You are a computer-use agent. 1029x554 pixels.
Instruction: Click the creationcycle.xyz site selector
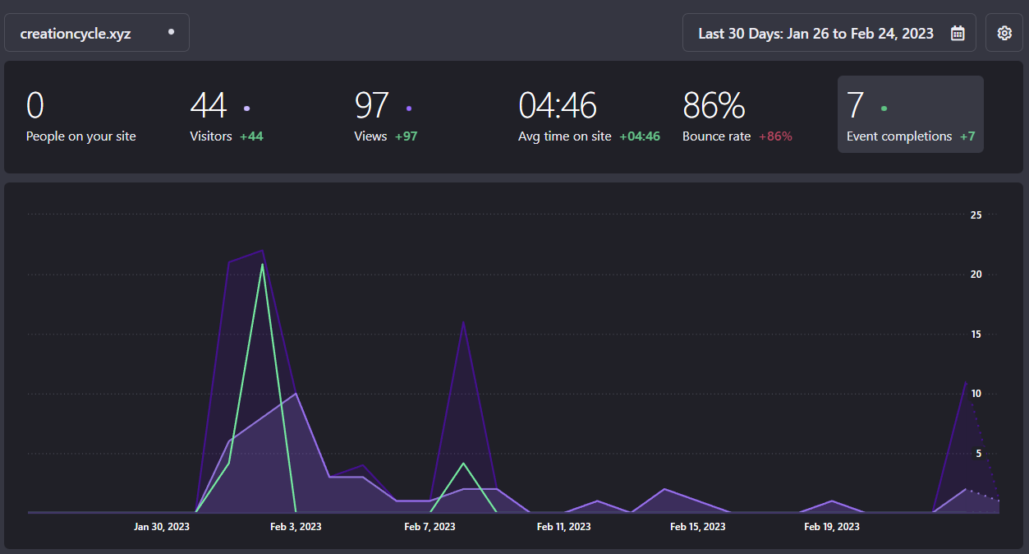point(96,33)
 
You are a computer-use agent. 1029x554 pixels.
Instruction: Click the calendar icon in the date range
point(958,33)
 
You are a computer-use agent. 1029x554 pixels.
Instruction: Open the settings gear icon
point(1004,33)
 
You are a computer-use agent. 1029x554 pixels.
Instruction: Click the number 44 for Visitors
point(208,106)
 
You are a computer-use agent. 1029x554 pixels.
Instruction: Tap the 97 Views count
point(371,106)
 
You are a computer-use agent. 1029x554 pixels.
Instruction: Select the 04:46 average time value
point(558,106)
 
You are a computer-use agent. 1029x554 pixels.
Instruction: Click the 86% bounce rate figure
point(714,106)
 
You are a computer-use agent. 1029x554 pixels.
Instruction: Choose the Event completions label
point(899,136)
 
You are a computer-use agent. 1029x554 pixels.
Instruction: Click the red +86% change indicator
point(775,136)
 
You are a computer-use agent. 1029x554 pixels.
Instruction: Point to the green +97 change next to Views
point(406,136)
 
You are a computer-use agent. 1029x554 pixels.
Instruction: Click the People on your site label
point(81,136)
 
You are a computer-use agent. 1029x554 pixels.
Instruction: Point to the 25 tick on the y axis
point(976,215)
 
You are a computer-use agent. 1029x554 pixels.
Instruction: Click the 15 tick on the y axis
point(976,334)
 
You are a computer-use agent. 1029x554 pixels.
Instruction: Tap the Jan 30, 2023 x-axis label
point(162,526)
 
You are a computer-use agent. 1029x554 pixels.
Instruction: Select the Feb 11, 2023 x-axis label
point(563,526)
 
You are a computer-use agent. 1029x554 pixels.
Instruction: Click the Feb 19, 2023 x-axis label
point(832,526)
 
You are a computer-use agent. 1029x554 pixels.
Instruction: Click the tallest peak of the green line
point(263,264)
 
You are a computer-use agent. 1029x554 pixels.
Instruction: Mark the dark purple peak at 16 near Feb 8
point(464,321)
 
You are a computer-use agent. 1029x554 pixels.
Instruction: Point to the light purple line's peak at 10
point(296,394)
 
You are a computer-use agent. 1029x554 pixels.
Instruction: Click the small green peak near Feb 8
point(464,464)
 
